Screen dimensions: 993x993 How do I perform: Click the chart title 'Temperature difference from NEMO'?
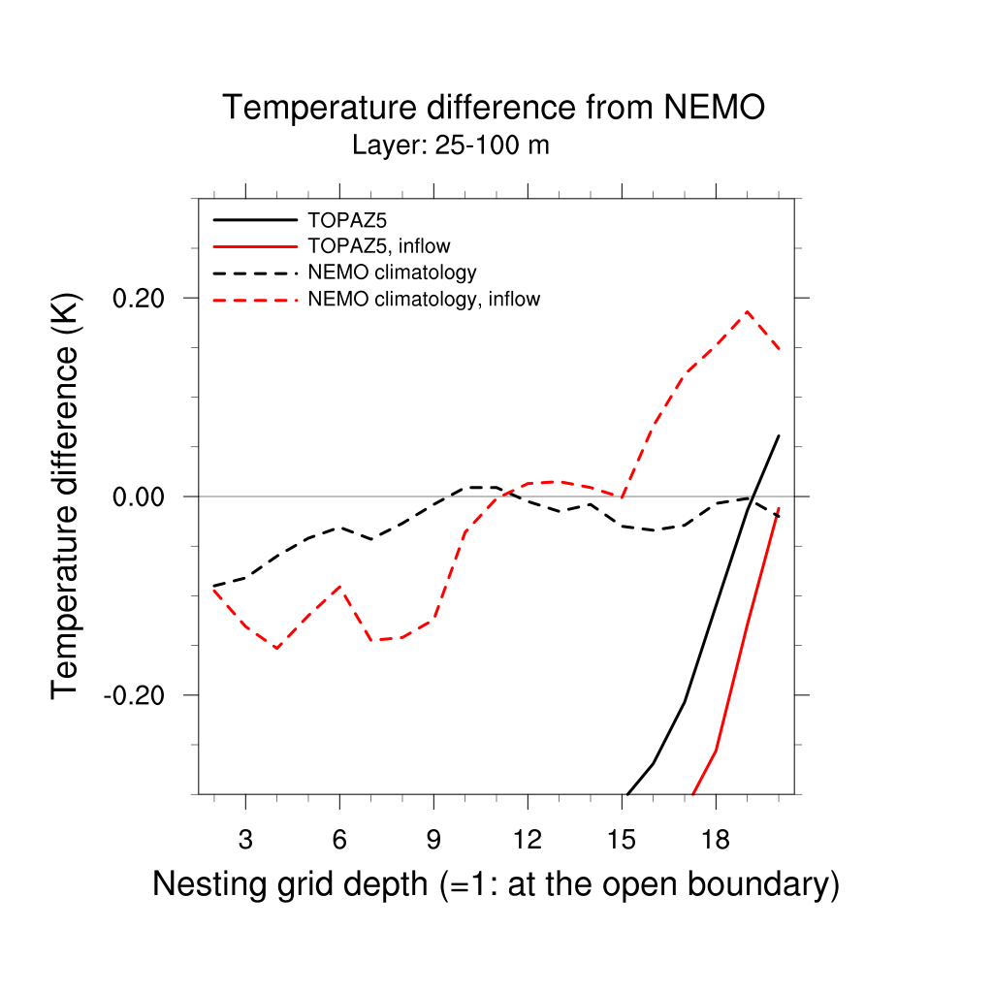494,108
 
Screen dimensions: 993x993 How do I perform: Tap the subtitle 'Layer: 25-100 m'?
451,146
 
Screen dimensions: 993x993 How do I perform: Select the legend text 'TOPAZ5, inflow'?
378,245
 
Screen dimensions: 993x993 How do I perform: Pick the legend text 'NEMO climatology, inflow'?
424,299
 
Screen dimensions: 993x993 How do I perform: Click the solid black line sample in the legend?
254,219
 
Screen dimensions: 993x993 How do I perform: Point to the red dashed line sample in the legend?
254,300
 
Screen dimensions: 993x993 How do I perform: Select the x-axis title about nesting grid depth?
496,884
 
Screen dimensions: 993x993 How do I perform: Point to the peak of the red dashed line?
747,311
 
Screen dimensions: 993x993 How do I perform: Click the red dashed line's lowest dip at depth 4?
277,648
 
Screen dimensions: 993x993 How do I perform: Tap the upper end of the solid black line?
779,435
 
